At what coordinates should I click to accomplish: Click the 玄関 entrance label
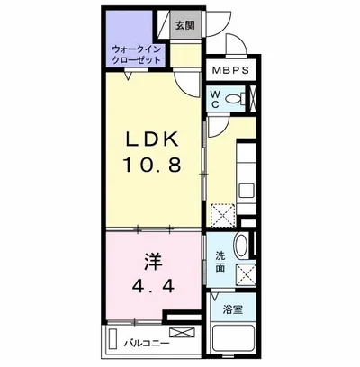pyautogui.click(x=185, y=26)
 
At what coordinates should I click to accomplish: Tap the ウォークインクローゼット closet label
pyautogui.click(x=136, y=54)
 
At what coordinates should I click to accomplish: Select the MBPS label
pyautogui.click(x=230, y=70)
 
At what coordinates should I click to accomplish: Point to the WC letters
pyautogui.click(x=216, y=99)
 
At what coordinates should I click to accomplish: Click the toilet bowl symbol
pyautogui.click(x=234, y=98)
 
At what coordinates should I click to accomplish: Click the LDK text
pyautogui.click(x=151, y=139)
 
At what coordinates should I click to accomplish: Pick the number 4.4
pyautogui.click(x=153, y=286)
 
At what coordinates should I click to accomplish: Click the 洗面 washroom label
pyautogui.click(x=220, y=262)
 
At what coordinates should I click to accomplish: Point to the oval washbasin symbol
pyautogui.click(x=241, y=246)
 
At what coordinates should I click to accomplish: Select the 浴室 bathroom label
pyautogui.click(x=233, y=309)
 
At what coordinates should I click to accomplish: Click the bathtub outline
pyautogui.click(x=233, y=342)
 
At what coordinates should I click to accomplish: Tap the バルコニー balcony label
pyautogui.click(x=147, y=343)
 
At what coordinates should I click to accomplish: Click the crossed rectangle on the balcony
pyautogui.click(x=182, y=333)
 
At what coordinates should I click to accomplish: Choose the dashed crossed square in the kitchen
pyautogui.click(x=222, y=215)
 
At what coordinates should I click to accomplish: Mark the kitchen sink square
pyautogui.click(x=247, y=191)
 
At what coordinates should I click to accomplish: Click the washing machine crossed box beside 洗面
pyautogui.click(x=247, y=274)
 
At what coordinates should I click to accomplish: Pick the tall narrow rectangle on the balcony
pyautogui.click(x=113, y=339)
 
